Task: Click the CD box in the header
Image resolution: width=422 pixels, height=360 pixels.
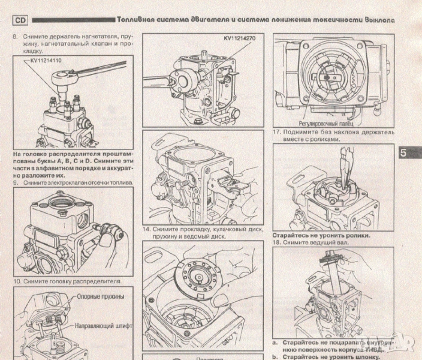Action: (x=22, y=20)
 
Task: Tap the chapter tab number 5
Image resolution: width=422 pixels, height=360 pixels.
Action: (x=403, y=152)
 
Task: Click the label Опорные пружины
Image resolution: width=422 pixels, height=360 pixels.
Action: (x=100, y=296)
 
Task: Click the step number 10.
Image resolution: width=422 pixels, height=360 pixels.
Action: (x=17, y=280)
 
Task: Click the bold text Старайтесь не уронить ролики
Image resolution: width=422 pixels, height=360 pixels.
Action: (x=321, y=235)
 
